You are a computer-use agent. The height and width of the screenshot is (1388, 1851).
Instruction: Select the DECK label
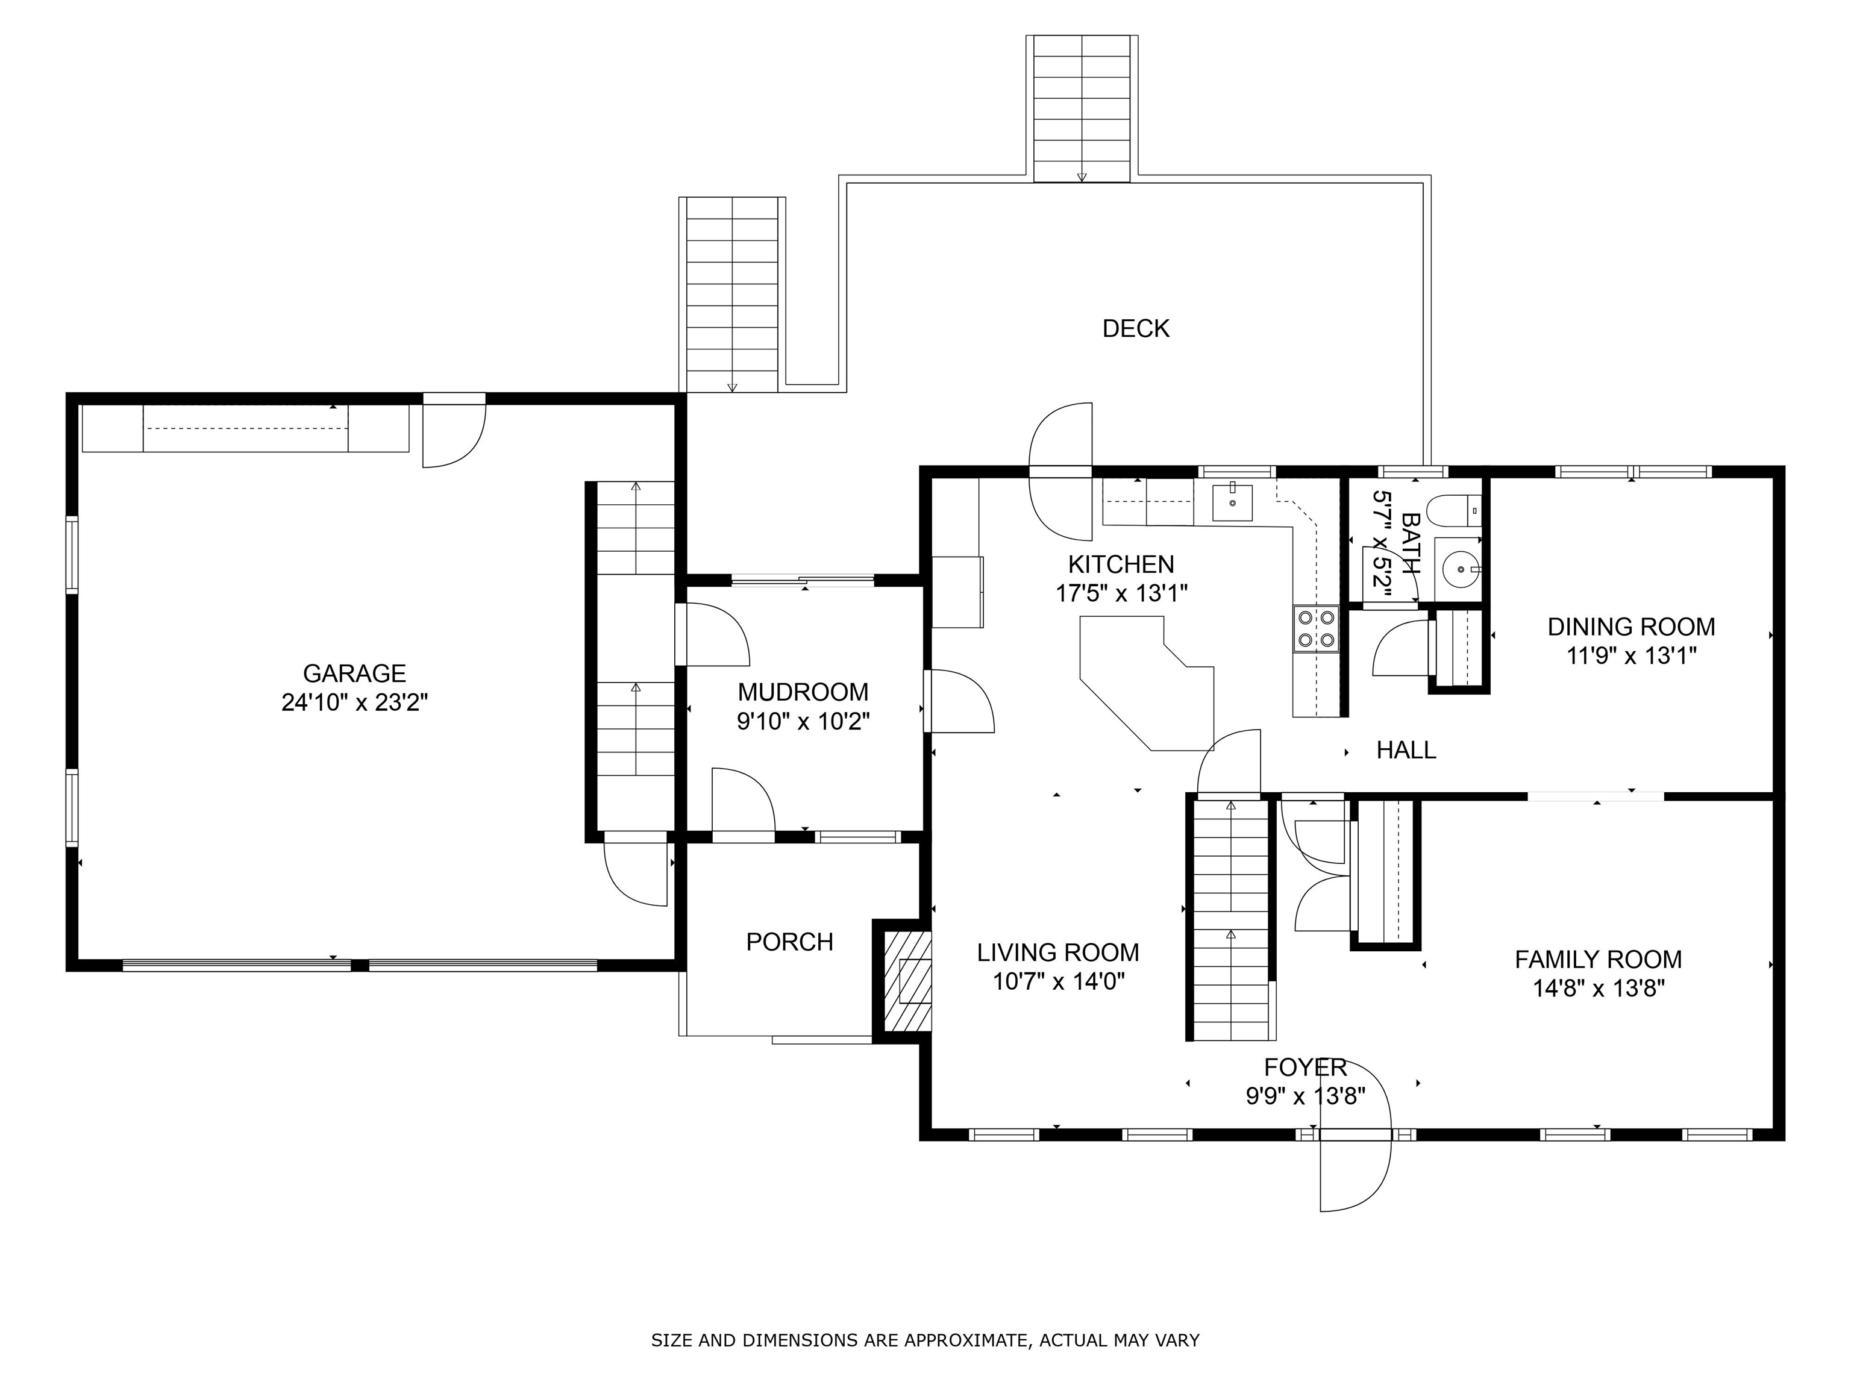click(1136, 329)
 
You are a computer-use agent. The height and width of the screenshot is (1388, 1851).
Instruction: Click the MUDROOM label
click(803, 692)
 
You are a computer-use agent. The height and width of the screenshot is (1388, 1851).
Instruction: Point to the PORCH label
click(789, 942)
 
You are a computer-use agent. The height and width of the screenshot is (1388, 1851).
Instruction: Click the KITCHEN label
click(1121, 564)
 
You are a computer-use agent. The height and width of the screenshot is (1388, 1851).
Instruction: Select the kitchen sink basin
click(1233, 503)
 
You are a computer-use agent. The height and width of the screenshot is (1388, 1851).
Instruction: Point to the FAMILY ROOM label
click(1599, 960)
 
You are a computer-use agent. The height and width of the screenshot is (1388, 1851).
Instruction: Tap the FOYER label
click(1306, 1068)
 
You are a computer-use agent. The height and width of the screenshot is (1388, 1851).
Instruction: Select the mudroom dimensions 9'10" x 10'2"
click(803, 721)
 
